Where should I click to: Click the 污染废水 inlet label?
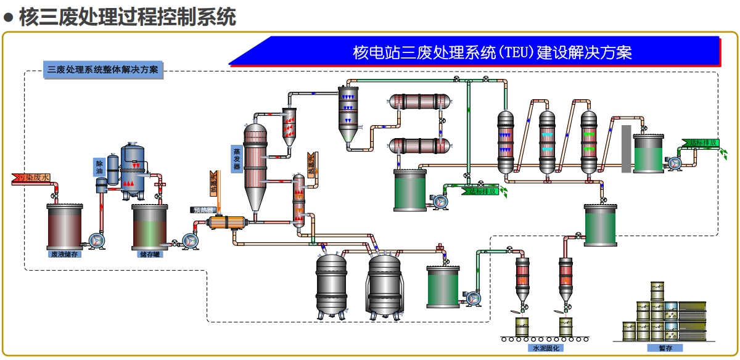tap(31, 178)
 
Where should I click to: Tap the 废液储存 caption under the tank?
tap(64, 253)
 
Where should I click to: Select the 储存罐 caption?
tap(150, 253)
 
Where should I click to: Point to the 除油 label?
tap(99, 168)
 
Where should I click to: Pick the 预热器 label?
tap(203, 210)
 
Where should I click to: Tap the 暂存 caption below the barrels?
tap(665, 348)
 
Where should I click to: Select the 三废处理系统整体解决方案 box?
tap(103, 70)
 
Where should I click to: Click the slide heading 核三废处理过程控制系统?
tap(127, 17)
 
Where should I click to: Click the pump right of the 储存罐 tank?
tap(188, 240)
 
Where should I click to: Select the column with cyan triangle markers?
tap(548, 142)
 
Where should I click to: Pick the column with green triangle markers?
tap(590, 142)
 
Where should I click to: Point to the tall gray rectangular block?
tap(626, 149)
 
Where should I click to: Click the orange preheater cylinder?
tap(226, 223)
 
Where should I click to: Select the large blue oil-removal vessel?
tap(133, 170)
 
